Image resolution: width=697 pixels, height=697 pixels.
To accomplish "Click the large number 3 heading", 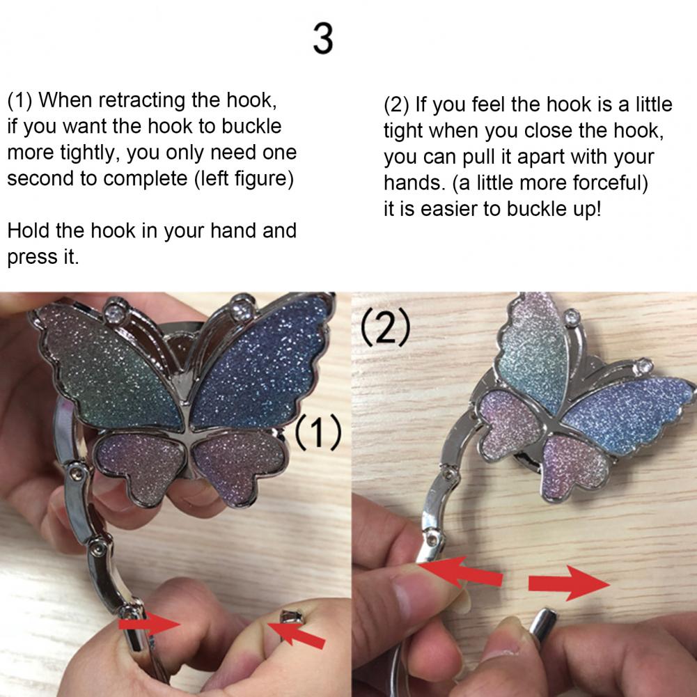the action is (323, 39).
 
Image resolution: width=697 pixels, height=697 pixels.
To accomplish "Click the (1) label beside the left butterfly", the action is (318, 432).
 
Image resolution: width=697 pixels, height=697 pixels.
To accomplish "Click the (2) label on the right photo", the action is (385, 327).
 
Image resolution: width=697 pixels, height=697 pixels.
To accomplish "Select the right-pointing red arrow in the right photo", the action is (569, 583).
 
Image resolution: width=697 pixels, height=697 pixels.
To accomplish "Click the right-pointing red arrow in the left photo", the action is (149, 624).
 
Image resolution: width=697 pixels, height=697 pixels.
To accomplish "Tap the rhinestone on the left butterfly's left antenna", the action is (115, 311).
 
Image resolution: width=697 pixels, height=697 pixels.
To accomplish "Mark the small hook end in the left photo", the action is (291, 618).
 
